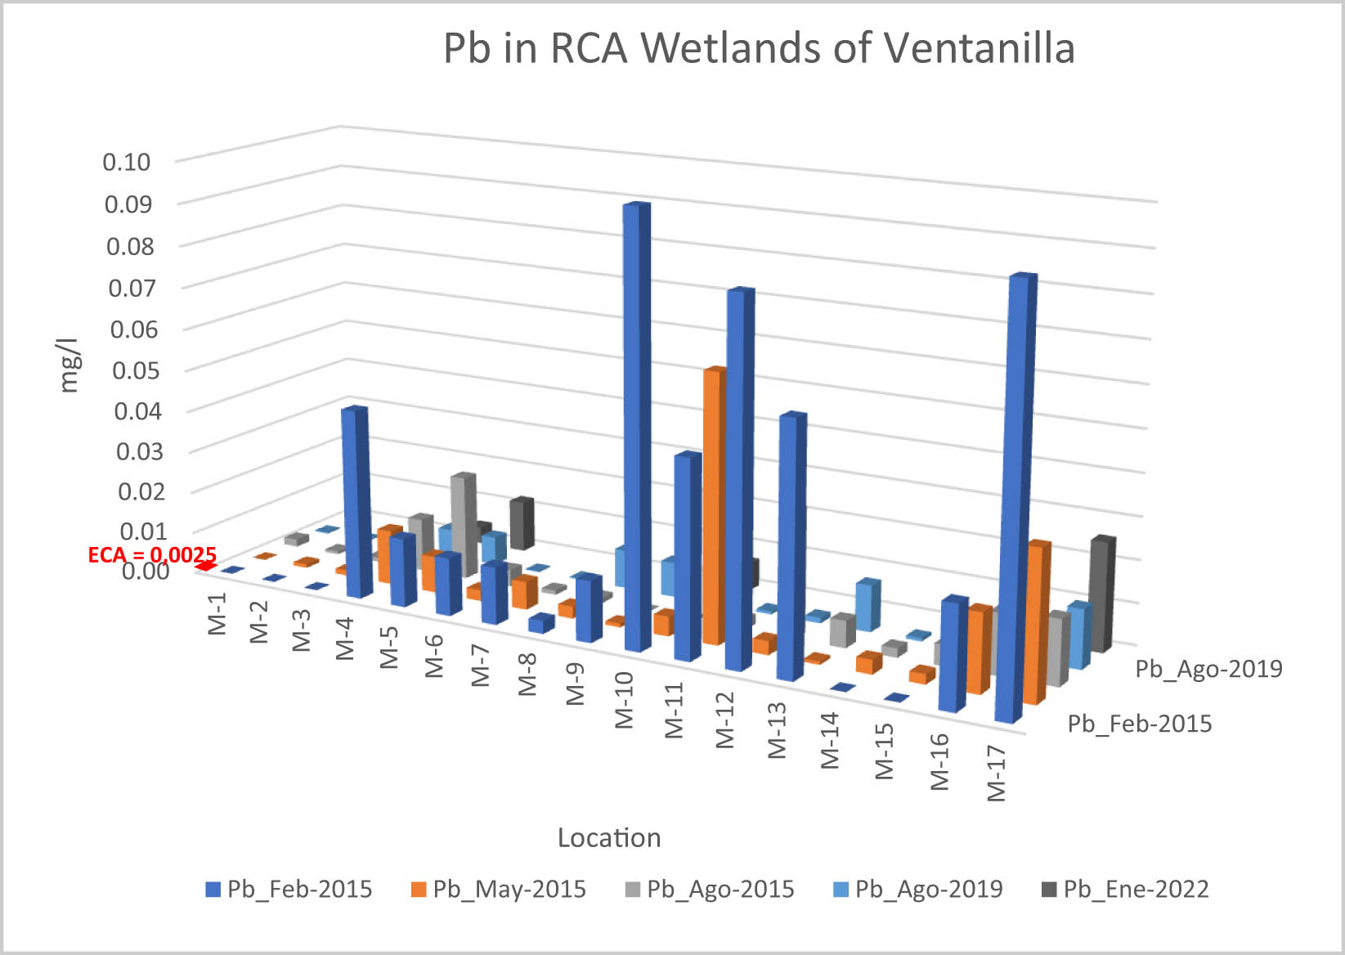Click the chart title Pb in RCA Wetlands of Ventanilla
click(x=758, y=48)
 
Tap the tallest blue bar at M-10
click(x=635, y=425)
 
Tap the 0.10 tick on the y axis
click(x=127, y=162)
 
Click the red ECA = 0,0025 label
click(x=152, y=555)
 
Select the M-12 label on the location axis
click(x=725, y=720)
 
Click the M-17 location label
click(x=995, y=773)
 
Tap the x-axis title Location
click(x=609, y=838)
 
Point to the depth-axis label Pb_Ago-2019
click(x=1208, y=669)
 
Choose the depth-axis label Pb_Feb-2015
click(x=1140, y=724)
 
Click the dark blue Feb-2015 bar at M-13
click(x=791, y=548)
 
